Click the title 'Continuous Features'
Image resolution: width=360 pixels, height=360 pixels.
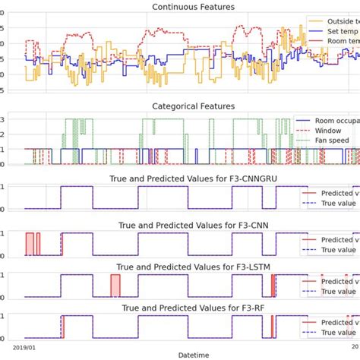pos(192,7)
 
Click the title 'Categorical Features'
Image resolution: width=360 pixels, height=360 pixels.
pos(192,107)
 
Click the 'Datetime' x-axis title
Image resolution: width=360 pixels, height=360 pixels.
pos(192,354)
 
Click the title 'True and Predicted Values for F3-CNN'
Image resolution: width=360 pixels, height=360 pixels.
pos(192,225)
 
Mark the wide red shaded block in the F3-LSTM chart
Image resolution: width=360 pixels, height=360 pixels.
pos(115,286)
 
